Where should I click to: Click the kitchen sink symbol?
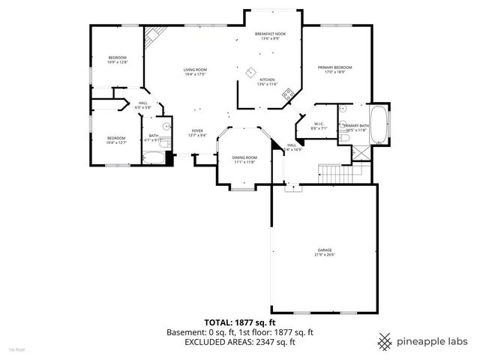coord(248,72)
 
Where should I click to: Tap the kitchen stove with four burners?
coord(286,94)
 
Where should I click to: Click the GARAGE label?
coord(324,250)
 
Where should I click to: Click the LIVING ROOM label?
coord(195,70)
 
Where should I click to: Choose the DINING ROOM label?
coord(244,157)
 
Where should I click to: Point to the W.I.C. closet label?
coord(318,124)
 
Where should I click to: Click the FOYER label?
coord(196,130)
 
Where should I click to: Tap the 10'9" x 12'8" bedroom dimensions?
coord(117,63)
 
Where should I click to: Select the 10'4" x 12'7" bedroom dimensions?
coord(116,142)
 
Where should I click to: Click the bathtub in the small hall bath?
coord(157,157)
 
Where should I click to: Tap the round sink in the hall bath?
coord(167,124)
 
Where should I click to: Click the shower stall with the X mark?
coord(362,151)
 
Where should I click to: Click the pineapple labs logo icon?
coord(385,340)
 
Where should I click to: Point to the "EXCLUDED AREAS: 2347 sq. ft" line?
coord(239,340)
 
